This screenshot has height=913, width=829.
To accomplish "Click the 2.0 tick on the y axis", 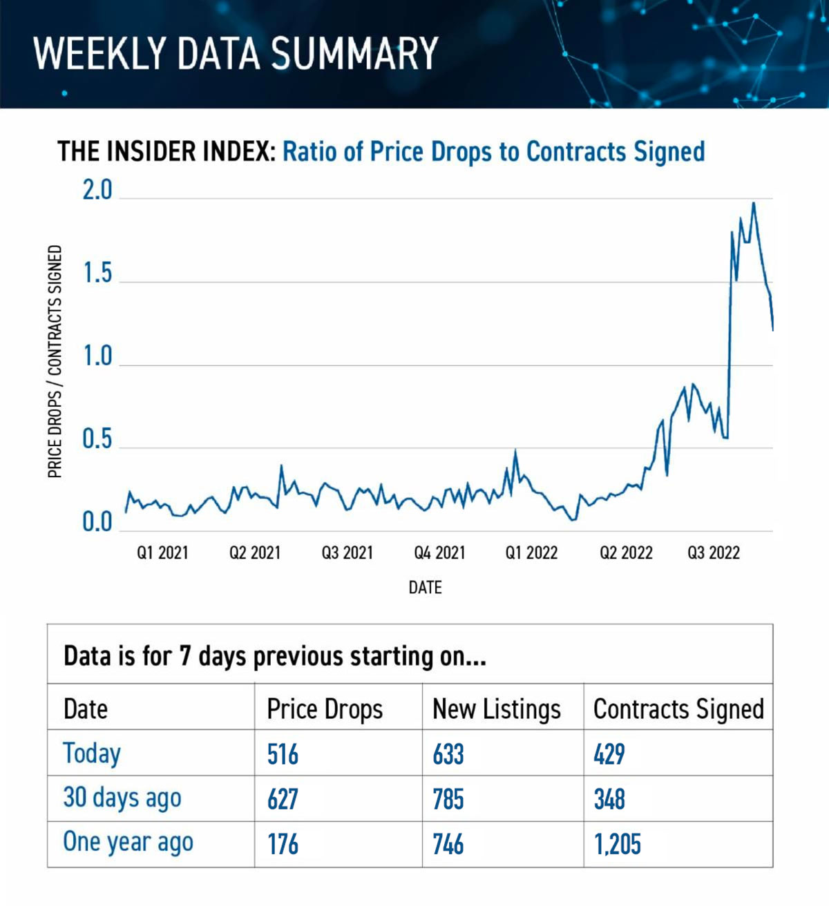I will click(x=97, y=190).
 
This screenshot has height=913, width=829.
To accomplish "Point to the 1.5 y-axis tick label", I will click(x=97, y=273).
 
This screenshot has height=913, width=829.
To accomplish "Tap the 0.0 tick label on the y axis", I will click(x=97, y=522).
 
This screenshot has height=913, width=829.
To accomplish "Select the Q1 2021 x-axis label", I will click(x=162, y=552).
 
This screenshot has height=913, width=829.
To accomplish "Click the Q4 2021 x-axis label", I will click(x=439, y=552).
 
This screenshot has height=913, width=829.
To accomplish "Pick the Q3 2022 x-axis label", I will click(x=713, y=552).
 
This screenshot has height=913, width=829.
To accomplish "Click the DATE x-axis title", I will click(x=425, y=587).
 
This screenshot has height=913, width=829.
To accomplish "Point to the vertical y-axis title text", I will click(x=55, y=361).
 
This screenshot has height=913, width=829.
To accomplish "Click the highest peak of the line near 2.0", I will click(x=753, y=203).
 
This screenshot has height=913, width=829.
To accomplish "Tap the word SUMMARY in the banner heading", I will click(x=354, y=53).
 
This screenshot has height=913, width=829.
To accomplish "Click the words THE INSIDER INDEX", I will click(x=166, y=151).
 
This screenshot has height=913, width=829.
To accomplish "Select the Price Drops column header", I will click(x=325, y=709).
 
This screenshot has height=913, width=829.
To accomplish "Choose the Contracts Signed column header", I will click(x=678, y=709).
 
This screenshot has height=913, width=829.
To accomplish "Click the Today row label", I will click(x=92, y=753).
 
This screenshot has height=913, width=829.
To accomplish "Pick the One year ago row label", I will click(x=128, y=843).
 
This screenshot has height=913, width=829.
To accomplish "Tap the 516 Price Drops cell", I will click(x=283, y=754).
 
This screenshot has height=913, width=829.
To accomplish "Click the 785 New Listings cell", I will click(x=448, y=799).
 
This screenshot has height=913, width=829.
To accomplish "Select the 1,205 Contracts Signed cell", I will click(x=617, y=844).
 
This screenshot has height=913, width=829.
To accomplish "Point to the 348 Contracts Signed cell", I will click(x=609, y=799).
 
